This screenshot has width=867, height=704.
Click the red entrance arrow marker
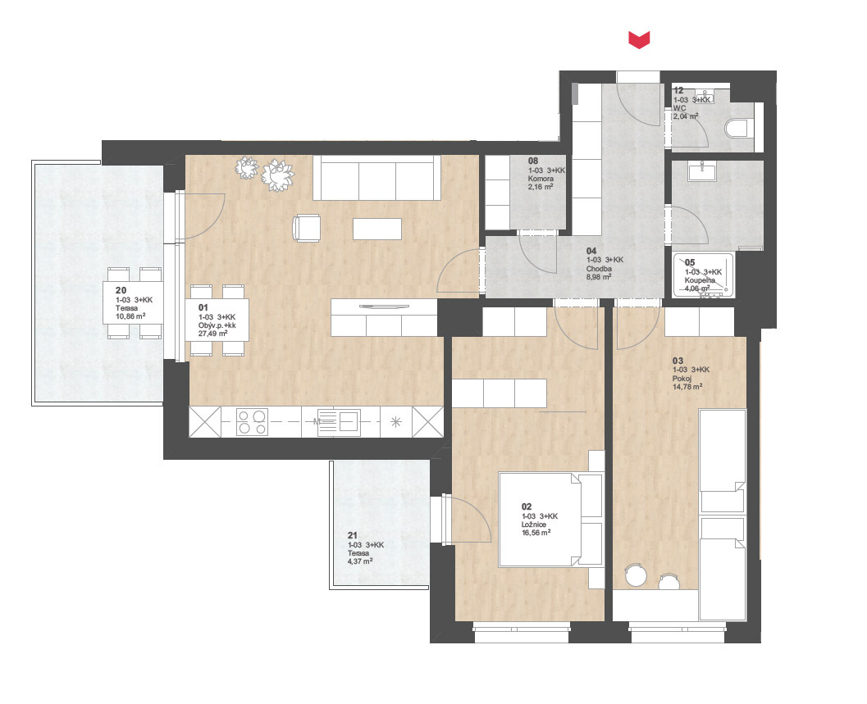point(639,40)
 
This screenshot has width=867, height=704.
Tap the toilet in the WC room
point(738,129)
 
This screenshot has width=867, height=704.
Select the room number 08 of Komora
point(533,161)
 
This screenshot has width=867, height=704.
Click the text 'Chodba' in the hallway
point(599,269)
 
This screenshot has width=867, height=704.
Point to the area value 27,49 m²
point(213,334)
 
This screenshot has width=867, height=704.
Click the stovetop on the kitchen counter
point(252,422)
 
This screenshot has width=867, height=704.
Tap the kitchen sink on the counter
point(339,423)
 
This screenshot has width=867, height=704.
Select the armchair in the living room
point(306,228)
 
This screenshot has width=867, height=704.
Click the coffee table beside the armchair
point(377,229)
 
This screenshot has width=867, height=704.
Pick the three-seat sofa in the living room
point(377,178)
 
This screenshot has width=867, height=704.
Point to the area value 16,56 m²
point(536,533)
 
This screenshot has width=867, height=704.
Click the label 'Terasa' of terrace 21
point(358,553)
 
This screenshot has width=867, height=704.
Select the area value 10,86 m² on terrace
point(130,316)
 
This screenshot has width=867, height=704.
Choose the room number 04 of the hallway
point(591,251)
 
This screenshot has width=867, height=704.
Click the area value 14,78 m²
point(687,388)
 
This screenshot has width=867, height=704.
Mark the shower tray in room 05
point(704,275)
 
